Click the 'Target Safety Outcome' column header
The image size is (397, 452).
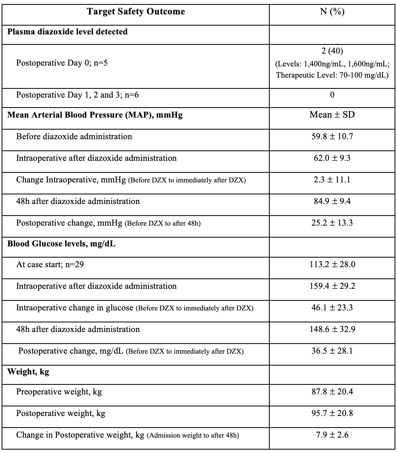136,12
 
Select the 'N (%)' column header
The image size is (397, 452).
333,12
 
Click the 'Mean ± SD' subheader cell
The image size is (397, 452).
333,115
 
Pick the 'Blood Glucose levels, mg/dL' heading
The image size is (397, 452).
61,244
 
